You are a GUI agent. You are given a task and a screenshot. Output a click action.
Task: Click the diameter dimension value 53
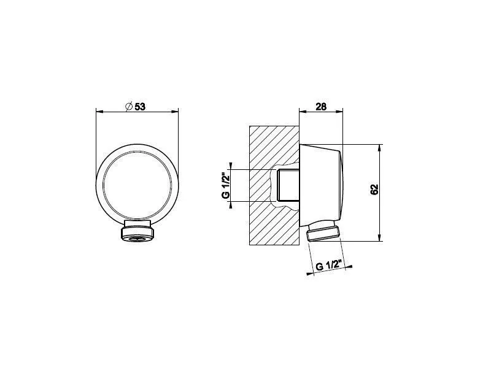140,107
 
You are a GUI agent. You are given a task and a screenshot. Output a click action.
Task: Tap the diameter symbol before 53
129,106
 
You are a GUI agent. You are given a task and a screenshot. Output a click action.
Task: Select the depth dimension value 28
321,107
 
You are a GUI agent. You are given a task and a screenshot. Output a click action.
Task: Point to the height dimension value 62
374,190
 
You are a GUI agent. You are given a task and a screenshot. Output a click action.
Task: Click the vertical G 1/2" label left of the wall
225,186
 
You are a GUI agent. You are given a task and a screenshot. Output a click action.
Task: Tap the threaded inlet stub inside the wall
288,185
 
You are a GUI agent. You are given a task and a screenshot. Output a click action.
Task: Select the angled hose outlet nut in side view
323,232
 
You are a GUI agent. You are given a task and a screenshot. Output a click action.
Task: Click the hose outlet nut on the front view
137,231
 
